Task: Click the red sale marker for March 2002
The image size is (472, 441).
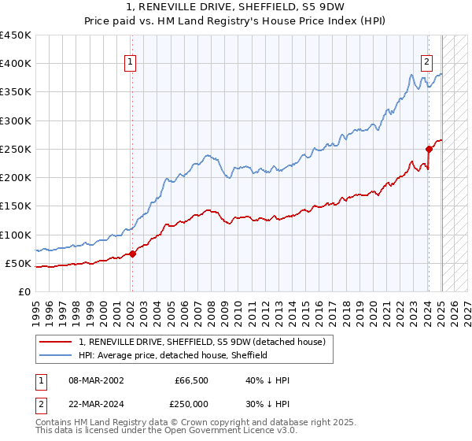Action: click(x=132, y=253)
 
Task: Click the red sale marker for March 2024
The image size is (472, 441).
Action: click(x=429, y=149)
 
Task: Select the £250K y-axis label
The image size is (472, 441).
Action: click(x=16, y=149)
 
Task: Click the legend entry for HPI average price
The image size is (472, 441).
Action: click(x=173, y=355)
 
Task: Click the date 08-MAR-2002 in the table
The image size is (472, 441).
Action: click(x=96, y=380)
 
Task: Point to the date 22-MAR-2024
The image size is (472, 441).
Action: click(x=96, y=404)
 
